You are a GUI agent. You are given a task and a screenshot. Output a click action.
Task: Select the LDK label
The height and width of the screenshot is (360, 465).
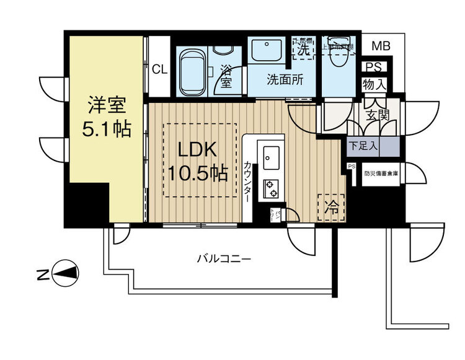[198, 149]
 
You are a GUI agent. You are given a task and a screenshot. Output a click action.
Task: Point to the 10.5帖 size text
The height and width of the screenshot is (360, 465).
[198, 173]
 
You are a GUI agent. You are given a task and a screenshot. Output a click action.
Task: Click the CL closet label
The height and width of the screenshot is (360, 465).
[159, 69]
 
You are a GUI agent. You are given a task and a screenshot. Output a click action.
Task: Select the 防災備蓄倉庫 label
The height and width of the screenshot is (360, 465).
[381, 174]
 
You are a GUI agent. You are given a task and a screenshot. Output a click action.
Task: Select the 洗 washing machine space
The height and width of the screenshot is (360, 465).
[304, 50]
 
